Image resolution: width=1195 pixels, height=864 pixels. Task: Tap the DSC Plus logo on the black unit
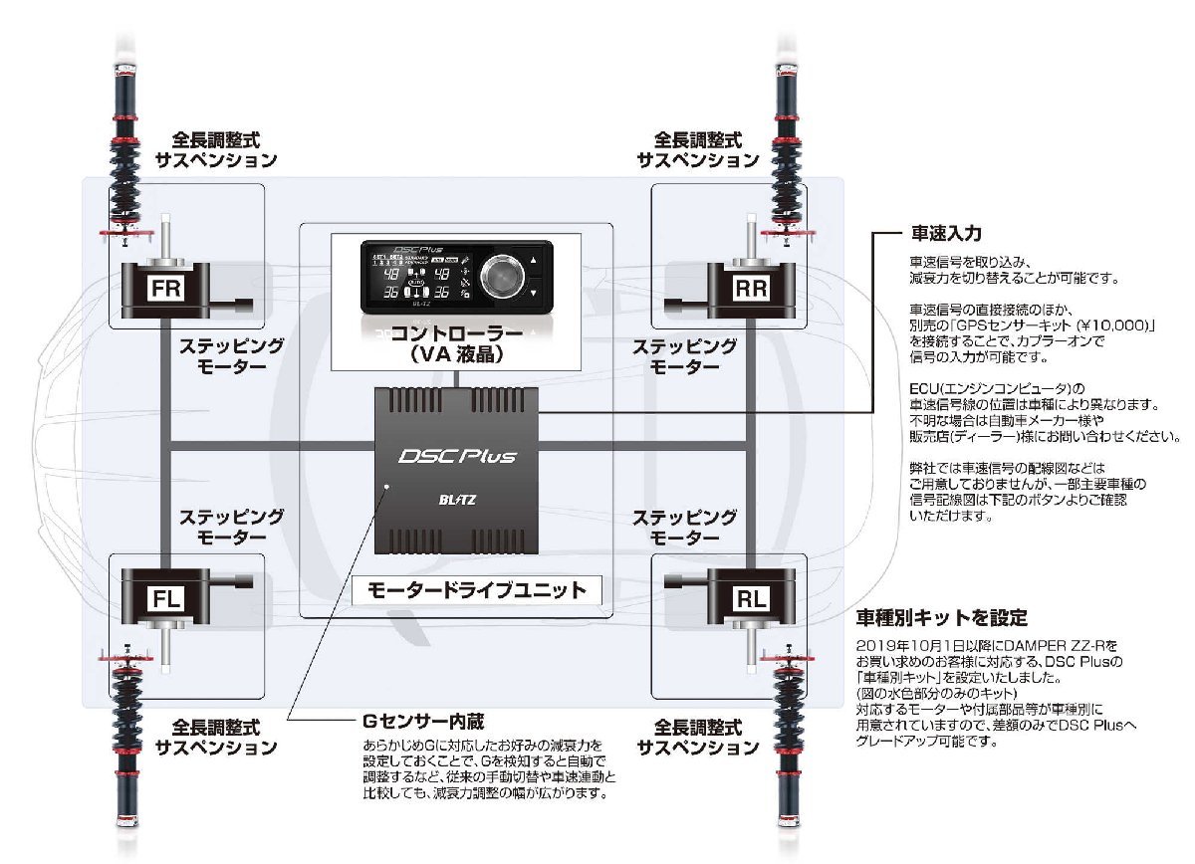coord(458,457)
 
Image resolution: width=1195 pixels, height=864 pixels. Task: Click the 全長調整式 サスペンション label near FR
coord(216,148)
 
